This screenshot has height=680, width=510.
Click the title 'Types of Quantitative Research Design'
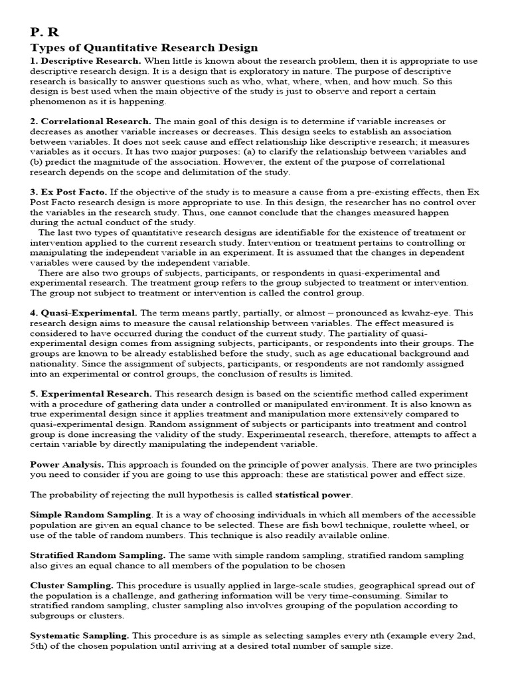pos(144,48)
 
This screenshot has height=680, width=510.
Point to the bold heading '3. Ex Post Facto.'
pos(68,192)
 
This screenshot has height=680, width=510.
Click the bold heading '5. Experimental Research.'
pos(91,393)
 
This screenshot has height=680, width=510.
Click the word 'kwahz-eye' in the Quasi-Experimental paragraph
pos(421,312)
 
